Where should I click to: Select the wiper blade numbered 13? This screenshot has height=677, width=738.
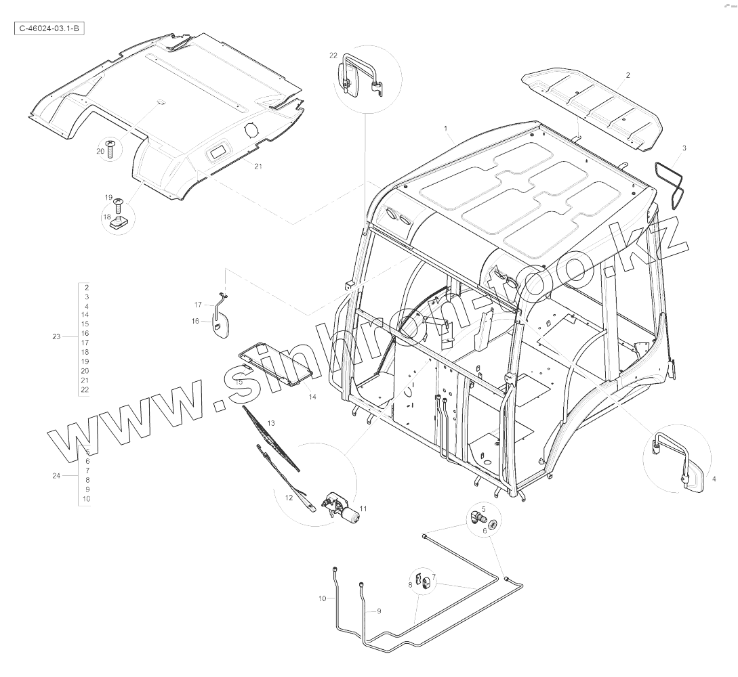(271, 439)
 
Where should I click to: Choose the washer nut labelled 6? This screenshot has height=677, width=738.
(492, 524)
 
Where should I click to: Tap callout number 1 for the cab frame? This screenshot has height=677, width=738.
(446, 128)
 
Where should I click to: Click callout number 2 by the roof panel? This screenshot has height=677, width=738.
(628, 75)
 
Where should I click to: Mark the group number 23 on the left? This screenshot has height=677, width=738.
(56, 336)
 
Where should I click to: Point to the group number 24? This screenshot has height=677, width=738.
(56, 475)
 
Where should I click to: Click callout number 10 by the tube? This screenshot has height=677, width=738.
(322, 598)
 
